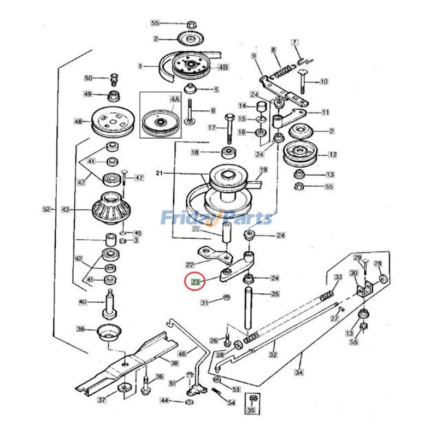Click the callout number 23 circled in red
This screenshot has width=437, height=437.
point(195,282)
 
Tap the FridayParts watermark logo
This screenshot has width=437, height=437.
point(216,218)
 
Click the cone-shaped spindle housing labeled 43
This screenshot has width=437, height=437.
point(113,209)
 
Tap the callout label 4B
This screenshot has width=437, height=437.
point(223,67)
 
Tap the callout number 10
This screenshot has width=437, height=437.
point(324,82)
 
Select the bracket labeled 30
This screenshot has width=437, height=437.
point(363,288)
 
